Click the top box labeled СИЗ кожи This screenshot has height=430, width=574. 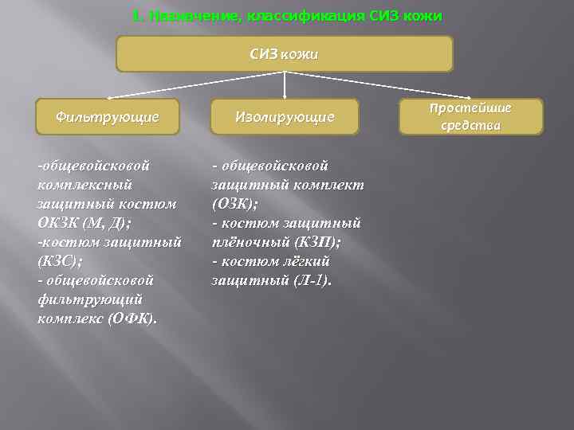point(285,54)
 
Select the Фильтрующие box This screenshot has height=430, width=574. point(108,116)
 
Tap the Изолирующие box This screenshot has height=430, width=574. point(285,116)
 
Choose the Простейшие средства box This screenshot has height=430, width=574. point(470,116)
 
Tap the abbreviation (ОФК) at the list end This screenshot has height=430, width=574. point(132,319)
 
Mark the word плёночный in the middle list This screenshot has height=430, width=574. point(246,241)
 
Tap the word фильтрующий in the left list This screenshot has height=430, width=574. point(89,299)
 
